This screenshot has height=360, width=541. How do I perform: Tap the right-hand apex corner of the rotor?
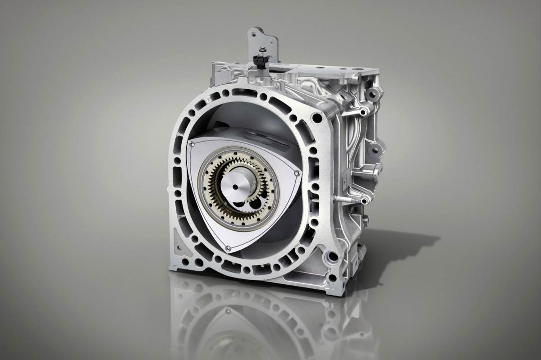coord(296,172)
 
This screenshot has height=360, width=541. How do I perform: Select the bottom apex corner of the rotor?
coord(229,246)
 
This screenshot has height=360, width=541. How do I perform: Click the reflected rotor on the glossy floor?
coord(234,315)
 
